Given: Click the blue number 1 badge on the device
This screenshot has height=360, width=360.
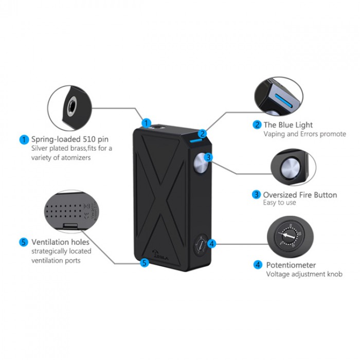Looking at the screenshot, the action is coord(146,123).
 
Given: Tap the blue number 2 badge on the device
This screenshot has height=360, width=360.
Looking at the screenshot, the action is coord(202,134).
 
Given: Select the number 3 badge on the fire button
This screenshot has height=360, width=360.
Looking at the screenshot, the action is coord(208,157).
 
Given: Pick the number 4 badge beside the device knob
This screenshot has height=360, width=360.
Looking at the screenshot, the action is coord(212,244).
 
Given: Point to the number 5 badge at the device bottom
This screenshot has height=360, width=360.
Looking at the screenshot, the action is coord(145,263).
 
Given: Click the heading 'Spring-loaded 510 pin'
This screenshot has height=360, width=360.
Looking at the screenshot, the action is coord(70,139).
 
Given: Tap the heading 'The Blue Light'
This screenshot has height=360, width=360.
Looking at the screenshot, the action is coord(288,125).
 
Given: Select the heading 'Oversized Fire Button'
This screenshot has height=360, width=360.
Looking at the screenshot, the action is coord(300,195).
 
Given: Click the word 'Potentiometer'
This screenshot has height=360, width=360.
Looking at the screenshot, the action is coord(291,265).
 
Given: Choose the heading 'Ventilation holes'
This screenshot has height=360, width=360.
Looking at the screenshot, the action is coord(60,242).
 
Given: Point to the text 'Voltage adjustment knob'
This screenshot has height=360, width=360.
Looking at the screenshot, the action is coord(304,274).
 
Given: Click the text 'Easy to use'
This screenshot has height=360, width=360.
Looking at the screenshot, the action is coord(279,203).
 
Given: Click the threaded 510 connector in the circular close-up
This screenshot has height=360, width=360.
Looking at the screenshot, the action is coord(72,106).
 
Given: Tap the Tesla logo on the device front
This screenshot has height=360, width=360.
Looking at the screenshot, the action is coord(160,255).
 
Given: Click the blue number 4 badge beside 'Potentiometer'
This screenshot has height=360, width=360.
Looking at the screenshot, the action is coord(258,265).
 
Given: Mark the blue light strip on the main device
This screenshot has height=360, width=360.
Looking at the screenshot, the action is coord(195,140).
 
